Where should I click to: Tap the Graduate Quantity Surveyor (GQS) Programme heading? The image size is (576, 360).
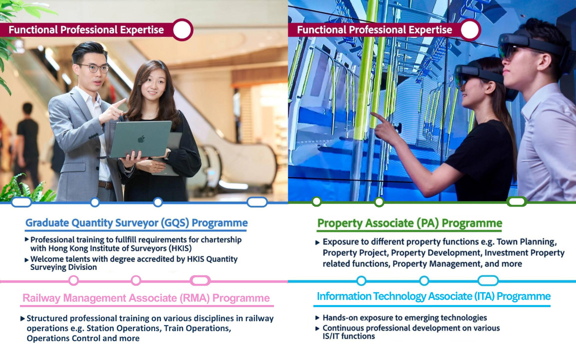point(136,223)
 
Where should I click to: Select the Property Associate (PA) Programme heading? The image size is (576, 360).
point(409,223)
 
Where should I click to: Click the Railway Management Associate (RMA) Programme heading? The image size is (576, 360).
point(146,298)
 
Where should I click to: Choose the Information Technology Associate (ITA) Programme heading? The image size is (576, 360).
point(433,296)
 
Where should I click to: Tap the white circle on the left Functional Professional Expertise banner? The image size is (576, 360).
point(182,29)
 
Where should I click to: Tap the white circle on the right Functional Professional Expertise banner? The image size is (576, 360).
point(470,29)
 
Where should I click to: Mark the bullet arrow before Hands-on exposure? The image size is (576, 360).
point(317,318)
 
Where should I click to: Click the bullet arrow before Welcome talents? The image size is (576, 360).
point(26,259)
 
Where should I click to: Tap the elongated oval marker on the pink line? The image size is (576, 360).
point(200,280)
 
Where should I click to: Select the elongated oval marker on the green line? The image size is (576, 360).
point(516,201)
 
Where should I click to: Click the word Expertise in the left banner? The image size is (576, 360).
point(142,30)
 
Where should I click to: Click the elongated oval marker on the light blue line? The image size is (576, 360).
point(488,280)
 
